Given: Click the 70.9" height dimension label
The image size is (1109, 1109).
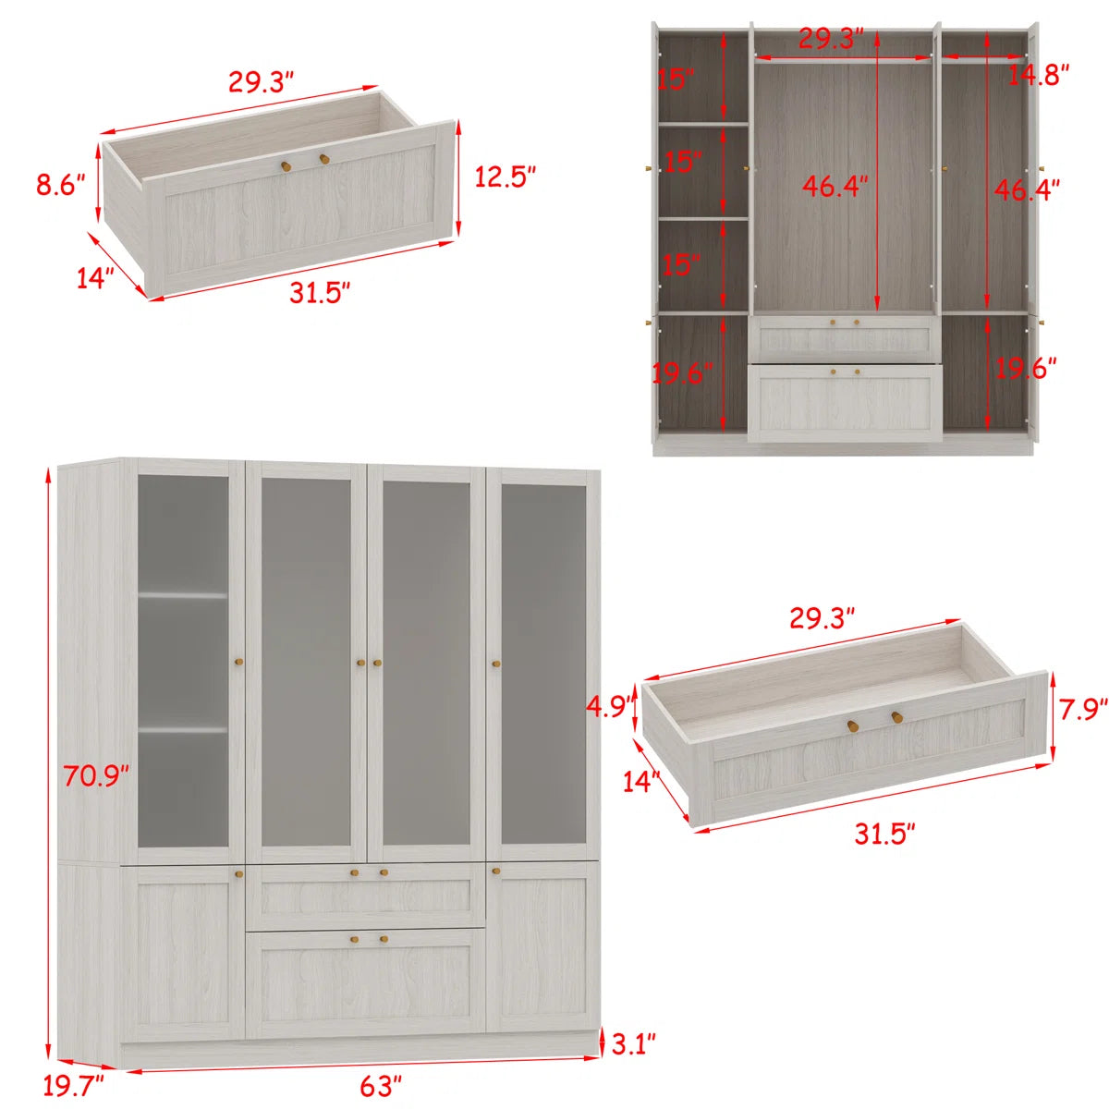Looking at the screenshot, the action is point(96,775).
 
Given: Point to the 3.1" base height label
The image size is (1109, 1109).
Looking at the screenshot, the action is point(633,1044).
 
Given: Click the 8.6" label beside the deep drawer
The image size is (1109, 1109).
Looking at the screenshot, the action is point(61,186).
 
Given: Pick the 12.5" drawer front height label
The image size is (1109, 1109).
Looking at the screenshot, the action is point(506,177).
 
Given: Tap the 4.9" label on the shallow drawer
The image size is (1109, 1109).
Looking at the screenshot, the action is point(609,706).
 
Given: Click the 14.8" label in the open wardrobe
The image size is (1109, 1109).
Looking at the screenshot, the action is point(1039,76).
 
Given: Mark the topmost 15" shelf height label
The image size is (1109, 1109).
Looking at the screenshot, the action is point(676,79).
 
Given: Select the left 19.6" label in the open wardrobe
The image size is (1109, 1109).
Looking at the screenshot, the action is point(682,373).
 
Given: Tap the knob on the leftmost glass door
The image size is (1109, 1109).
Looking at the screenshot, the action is point(238,662).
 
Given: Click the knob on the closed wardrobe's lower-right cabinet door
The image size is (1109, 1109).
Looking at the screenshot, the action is point(496,873).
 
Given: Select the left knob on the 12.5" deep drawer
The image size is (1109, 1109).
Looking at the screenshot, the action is point(286,165).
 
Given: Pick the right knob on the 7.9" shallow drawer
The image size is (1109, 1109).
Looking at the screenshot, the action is point(896,716).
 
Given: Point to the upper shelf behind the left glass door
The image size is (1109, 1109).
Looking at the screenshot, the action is point(183,595).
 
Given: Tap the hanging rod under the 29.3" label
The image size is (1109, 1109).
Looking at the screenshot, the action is point(843,59).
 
